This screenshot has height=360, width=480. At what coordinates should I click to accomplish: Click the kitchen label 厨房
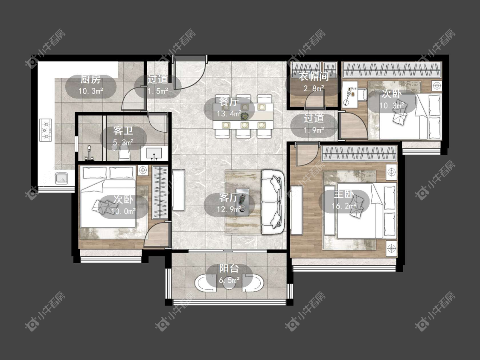pos(90,80)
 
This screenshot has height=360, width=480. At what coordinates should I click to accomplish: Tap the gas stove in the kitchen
pos(46,130)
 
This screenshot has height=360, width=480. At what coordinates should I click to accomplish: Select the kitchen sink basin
pos(61,178)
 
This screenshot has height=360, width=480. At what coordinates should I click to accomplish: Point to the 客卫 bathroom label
pos(123,131)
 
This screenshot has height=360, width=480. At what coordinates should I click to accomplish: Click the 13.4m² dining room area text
pos(229,114)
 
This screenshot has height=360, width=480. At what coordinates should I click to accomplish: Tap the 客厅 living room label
pos(229,198)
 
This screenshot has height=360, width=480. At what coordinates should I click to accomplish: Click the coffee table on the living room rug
pos(242,202)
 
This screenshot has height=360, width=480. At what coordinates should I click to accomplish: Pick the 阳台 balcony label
pos(229,268)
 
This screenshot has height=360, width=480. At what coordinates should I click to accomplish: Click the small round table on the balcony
pos(229,284)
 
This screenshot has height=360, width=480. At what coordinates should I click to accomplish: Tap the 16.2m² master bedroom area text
pos(344,206)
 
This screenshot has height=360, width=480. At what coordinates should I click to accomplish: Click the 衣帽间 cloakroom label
pos(314,76)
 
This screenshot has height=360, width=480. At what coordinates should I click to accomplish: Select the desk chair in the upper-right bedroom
pos(362,94)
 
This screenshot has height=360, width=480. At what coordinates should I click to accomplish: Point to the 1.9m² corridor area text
pos(314,130)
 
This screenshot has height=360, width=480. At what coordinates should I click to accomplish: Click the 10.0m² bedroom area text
pos(123,212)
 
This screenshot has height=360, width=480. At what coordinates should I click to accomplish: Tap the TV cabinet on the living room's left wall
pos(178,190)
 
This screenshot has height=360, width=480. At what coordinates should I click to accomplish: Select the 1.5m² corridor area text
pos(158,91)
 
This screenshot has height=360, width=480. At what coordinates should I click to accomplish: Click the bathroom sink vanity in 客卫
pos(154,153)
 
